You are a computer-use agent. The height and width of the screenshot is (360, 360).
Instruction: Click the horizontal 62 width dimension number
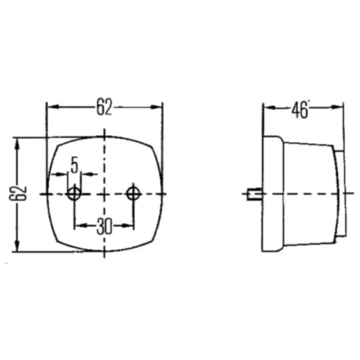click(x=104, y=107)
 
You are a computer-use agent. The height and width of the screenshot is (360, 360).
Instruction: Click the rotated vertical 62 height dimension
click(x=18, y=193)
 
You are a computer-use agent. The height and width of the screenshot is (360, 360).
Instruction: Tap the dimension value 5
click(x=74, y=165)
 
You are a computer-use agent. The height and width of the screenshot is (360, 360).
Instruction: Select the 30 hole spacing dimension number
click(x=104, y=226)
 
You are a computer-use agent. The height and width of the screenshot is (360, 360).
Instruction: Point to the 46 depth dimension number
click(x=299, y=110)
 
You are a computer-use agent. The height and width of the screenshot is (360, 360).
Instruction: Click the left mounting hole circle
click(x=74, y=194)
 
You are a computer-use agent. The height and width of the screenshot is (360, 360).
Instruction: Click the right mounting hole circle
click(x=133, y=194)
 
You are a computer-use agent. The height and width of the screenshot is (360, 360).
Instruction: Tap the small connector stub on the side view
click(x=254, y=194)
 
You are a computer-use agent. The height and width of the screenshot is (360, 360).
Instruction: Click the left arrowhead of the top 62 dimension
click(x=53, y=107)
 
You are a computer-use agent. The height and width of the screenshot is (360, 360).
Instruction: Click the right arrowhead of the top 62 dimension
click(x=156, y=107)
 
